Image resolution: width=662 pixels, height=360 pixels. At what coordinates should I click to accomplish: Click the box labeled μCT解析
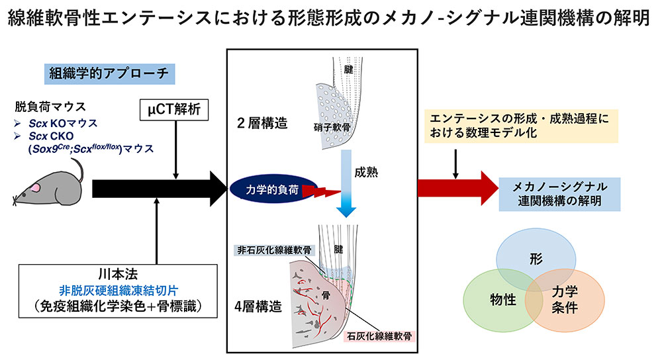click(175, 109)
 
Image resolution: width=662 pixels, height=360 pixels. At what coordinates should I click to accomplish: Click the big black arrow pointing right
click(159, 190)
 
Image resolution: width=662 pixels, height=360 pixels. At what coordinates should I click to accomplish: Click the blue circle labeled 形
click(536, 257)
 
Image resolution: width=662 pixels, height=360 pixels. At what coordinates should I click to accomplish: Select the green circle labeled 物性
click(501, 300)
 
